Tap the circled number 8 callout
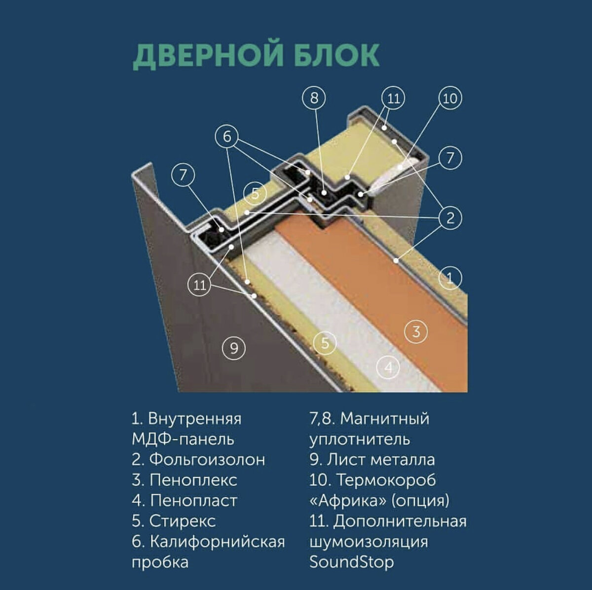tap(314, 98)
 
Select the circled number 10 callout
tap(450, 99)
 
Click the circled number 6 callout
tap(227, 137)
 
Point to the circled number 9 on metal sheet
tap(234, 348)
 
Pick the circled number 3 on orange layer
tap(416, 332)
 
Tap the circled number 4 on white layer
tap(389, 367)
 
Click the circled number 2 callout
tap(450, 218)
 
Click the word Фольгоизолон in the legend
tap(207, 460)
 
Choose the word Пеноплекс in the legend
tap(193, 480)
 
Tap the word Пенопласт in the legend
tap(193, 501)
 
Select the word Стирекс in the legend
tap(183, 521)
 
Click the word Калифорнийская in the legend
tap(217, 542)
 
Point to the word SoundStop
tap(351, 562)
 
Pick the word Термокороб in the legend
tap(386, 480)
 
